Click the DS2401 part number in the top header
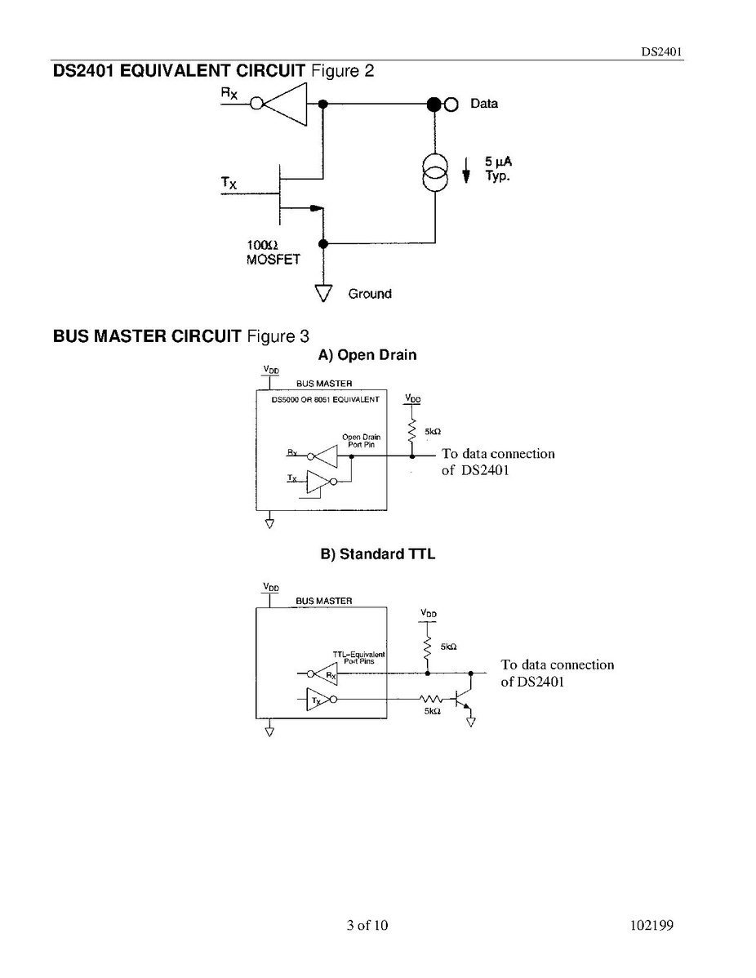pos(660,51)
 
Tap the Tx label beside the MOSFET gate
pos(229,184)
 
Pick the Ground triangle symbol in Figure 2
pos(323,291)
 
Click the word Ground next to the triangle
pos(369,294)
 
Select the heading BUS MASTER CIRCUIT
pos(147,336)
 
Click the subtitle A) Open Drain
pos(367,355)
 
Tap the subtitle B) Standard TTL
pos(377,554)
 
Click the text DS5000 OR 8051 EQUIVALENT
pos(325,400)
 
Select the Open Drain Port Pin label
pos(361,441)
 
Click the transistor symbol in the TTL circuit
pos(465,700)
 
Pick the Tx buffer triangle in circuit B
pos(317,700)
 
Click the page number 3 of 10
pos(367,925)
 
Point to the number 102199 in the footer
pos(651,925)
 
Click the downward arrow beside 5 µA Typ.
pos(467,171)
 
